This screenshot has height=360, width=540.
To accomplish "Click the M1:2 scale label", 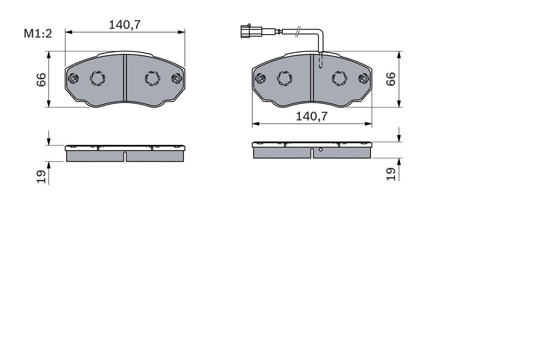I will [x=38, y=34].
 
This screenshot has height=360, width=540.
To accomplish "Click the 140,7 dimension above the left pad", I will [x=124, y=25].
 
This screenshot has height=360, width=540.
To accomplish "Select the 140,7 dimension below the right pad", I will [x=311, y=116].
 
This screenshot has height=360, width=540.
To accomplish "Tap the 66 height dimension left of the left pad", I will [x=41, y=79].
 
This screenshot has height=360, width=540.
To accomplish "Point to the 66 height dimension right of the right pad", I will [x=391, y=79].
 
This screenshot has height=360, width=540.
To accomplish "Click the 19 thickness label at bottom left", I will [x=41, y=176].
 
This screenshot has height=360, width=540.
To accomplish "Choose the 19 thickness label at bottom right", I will [x=391, y=174].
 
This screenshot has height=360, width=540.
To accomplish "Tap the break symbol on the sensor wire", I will [x=298, y=31].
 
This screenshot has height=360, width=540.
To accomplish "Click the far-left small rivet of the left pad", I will [x=73, y=78].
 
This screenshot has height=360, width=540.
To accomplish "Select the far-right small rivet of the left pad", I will [x=177, y=78].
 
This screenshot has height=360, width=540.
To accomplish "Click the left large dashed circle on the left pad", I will [x=97, y=78].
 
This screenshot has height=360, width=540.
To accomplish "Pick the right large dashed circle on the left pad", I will [x=152, y=78].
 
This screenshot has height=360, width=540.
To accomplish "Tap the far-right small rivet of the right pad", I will [x=364, y=78].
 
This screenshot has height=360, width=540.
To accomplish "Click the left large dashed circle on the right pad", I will [x=284, y=78].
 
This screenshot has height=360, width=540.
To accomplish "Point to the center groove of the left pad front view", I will [x=124, y=78].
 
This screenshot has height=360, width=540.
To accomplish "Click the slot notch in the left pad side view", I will [x=125, y=157].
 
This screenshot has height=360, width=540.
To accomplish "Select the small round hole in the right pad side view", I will [x=321, y=149].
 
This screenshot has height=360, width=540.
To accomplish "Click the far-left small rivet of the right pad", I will [x=260, y=78].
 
